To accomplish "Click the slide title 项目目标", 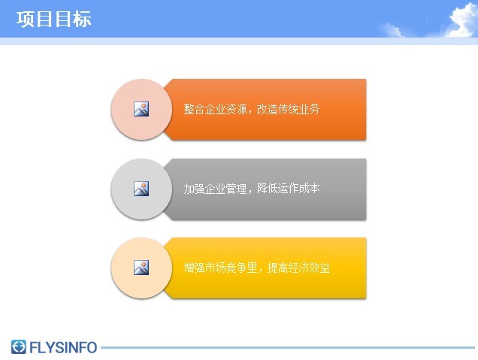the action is tap(54, 20).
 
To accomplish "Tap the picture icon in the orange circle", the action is tap(141, 109).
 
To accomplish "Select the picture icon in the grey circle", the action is tap(141, 189).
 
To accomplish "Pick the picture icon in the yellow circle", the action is tap(141, 268).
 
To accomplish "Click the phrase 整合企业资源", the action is tap(215, 109).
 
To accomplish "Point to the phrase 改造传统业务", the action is tap(288, 109).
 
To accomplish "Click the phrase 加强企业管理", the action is tap(215, 189).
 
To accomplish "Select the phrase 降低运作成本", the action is tap(288, 189).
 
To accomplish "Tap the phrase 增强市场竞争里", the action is tap(220, 268).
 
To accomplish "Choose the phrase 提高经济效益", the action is tap(299, 268).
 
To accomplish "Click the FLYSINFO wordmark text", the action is tap(63, 347).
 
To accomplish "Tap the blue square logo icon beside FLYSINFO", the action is tap(19, 347).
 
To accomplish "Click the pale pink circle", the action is tap(141, 110).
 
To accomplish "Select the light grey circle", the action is tap(141, 189).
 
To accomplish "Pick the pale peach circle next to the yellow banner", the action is tap(141, 268).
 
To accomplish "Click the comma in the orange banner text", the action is tap(250, 112).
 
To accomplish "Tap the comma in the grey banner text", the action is tap(250, 192).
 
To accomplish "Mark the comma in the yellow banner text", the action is tap(261, 271).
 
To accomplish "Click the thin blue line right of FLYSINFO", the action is tap(288, 347).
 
